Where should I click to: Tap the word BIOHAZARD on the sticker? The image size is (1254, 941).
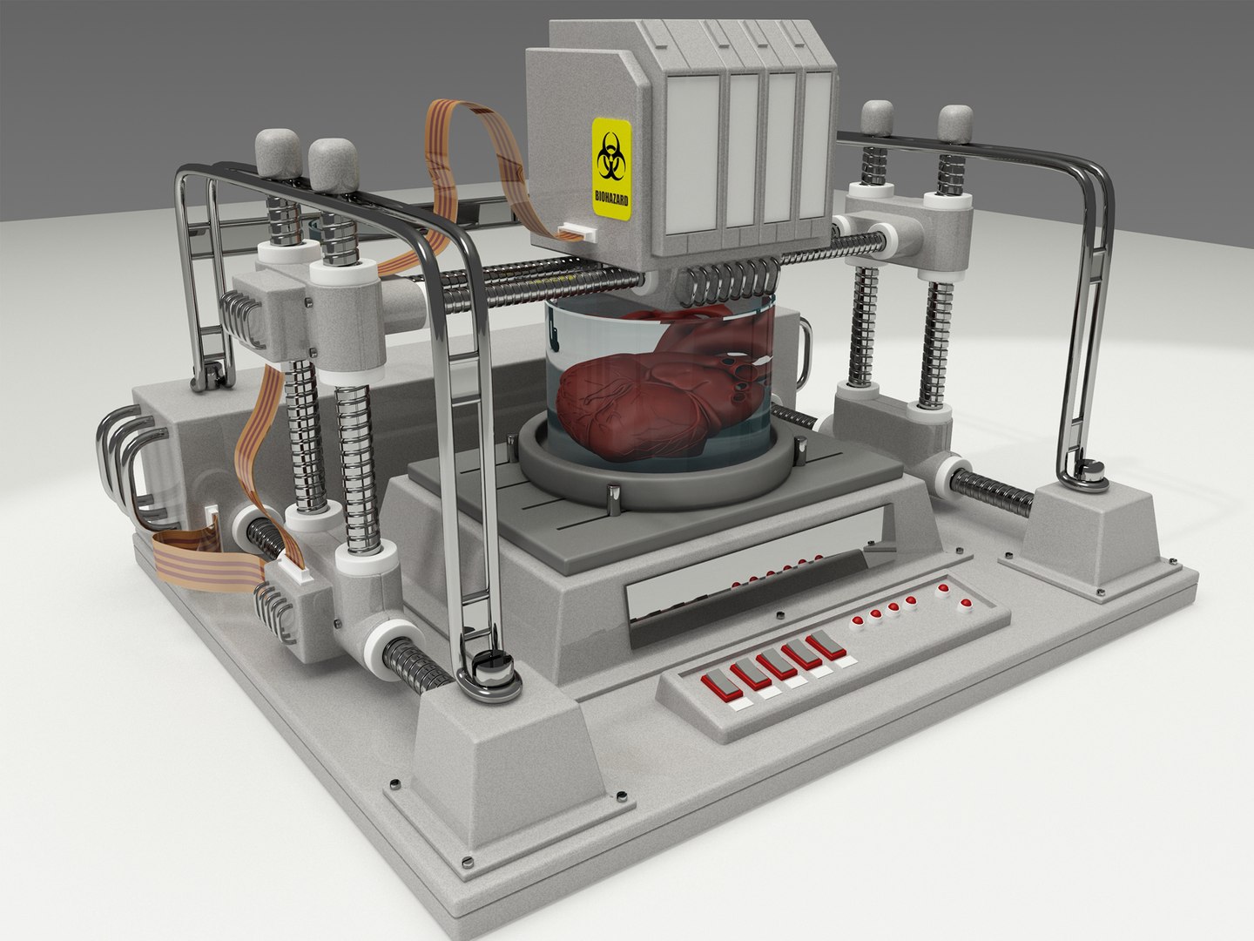(612, 197)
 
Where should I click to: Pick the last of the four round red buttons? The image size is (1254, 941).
(911, 600)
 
